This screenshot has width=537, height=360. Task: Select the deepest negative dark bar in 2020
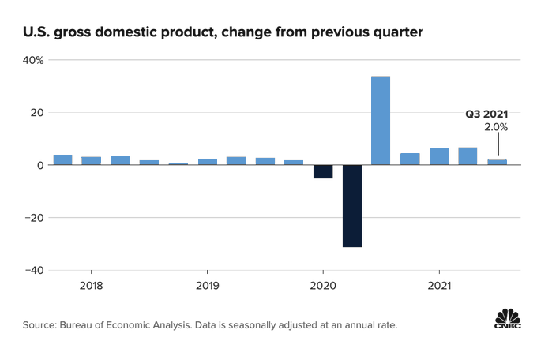pos(351,206)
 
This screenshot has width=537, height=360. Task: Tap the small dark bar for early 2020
pos(323,171)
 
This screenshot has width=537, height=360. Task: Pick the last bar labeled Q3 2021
pos(497,162)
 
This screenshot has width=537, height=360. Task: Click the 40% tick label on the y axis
pos(33,60)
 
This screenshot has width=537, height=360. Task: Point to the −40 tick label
pos(32,270)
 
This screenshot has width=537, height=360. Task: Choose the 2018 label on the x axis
pos(91,285)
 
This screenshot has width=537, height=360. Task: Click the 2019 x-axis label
pos(207,285)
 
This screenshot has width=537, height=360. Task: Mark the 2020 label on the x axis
pos(323,285)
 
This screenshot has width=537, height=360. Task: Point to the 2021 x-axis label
pos(439,285)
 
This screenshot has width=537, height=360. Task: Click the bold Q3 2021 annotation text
pos(486,114)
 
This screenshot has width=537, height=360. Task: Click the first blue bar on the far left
pos(63,159)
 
